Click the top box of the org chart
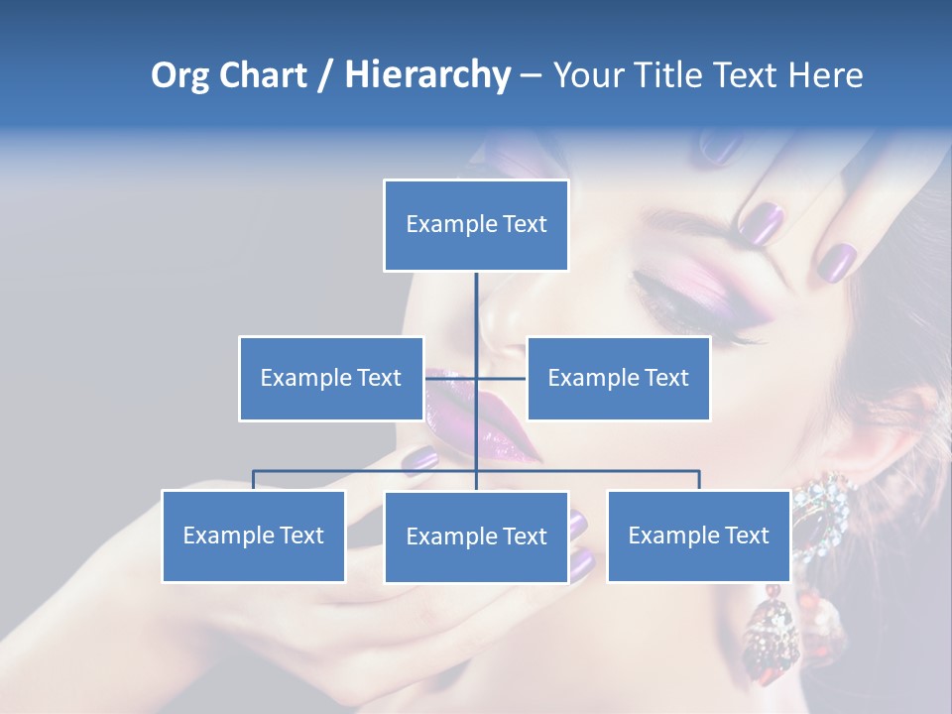pyautogui.click(x=476, y=225)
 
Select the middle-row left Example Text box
pyautogui.click(x=331, y=378)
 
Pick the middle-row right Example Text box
pyautogui.click(x=618, y=378)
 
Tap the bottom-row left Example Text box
pyautogui.click(x=254, y=535)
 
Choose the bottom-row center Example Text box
pyautogui.click(x=476, y=536)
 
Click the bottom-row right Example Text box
pyautogui.click(x=698, y=535)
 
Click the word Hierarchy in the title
pyautogui.click(x=426, y=75)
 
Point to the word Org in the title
pyautogui.click(x=179, y=75)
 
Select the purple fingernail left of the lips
pyautogui.click(x=421, y=458)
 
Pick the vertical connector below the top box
pyautogui.click(x=476, y=302)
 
